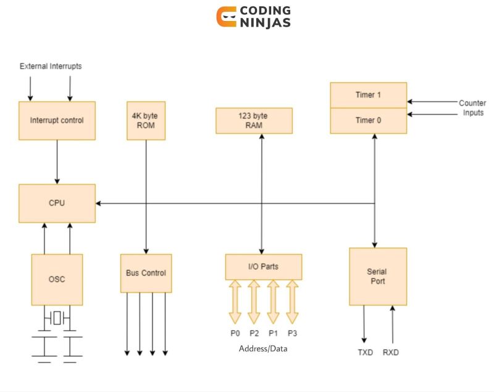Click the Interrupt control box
[57, 120]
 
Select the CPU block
[57, 203]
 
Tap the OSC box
[57, 279]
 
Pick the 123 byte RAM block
[254, 121]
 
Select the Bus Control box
[146, 273]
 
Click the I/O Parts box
[263, 267]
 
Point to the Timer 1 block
[368, 95]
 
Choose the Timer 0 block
[368, 121]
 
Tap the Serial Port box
[377, 276]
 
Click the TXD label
[366, 353]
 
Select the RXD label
[391, 353]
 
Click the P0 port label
[235, 333]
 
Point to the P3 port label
[292, 333]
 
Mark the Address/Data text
[263, 349]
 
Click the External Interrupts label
[51, 66]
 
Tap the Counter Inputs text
[472, 108]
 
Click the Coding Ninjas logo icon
[227, 17]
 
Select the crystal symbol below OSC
[57, 319]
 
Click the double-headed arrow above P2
[254, 302]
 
